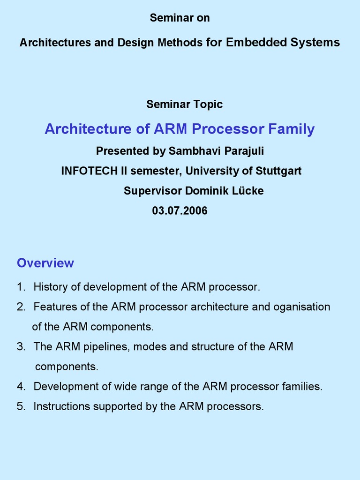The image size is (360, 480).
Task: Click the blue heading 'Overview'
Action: click(45, 263)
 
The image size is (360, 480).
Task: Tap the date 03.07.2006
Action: click(180, 210)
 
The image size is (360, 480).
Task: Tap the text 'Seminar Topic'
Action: click(184, 104)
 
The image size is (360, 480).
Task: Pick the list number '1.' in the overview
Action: click(21, 287)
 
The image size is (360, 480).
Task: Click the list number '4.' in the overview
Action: click(21, 387)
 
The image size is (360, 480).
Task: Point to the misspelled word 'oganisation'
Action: click(302, 307)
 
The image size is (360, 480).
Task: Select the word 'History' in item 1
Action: click(50, 287)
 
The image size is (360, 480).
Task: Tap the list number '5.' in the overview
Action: click(21, 406)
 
